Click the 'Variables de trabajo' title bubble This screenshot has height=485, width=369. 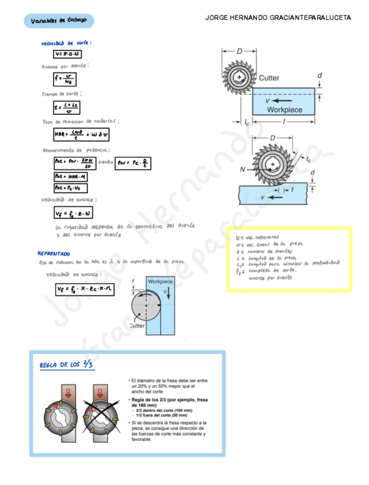[x=59, y=21]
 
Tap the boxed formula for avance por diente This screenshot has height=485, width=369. [x=65, y=79]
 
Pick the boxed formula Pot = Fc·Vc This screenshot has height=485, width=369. [x=70, y=188]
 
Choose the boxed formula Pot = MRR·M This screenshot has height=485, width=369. [x=70, y=177]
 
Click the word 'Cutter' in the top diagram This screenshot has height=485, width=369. [x=269, y=78]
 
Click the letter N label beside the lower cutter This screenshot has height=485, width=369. [x=243, y=169]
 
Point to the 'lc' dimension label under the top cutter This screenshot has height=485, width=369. [x=246, y=122]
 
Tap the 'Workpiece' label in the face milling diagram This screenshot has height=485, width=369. [x=160, y=282]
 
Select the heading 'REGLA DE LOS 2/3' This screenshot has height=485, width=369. [x=67, y=364]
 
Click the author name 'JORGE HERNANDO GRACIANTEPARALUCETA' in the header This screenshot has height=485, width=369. [x=278, y=18]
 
